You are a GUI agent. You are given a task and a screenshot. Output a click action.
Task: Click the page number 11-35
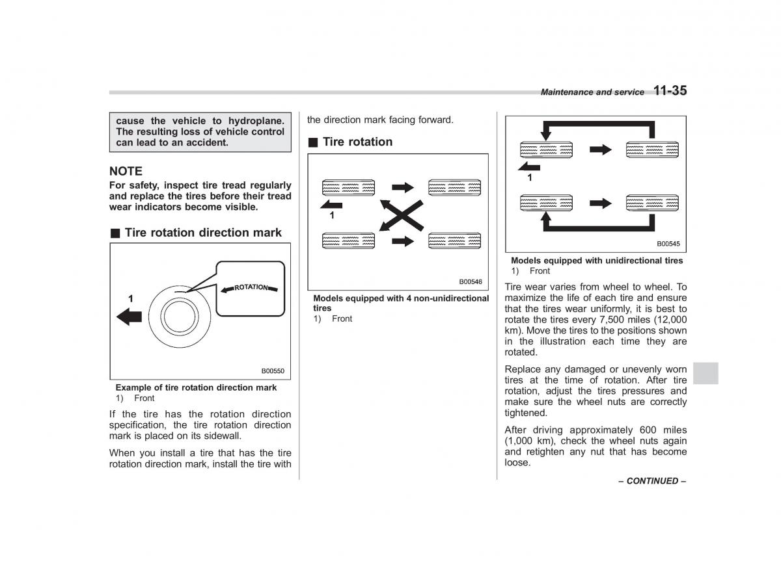(670, 91)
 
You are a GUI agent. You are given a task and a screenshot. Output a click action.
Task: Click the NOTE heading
(126, 171)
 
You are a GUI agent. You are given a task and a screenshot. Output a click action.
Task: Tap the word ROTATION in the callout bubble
(251, 287)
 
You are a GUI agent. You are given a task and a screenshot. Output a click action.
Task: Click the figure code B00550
(273, 371)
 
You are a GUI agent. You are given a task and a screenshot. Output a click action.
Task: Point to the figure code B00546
(470, 282)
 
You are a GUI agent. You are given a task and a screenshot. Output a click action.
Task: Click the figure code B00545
(668, 244)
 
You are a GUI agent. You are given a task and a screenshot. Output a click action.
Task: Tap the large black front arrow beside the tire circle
(130, 317)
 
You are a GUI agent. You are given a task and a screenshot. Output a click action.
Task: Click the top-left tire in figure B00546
(349, 188)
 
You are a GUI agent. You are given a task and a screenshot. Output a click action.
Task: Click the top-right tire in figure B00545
(651, 150)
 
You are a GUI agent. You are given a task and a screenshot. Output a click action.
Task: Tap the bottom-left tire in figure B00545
(546, 203)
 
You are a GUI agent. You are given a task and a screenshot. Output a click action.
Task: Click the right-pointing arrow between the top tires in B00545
(601, 150)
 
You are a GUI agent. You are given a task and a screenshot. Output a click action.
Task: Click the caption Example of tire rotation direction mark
(196, 387)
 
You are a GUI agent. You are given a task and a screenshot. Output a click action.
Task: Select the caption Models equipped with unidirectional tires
(597, 261)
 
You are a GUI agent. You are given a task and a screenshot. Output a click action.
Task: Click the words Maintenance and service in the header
(592, 92)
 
